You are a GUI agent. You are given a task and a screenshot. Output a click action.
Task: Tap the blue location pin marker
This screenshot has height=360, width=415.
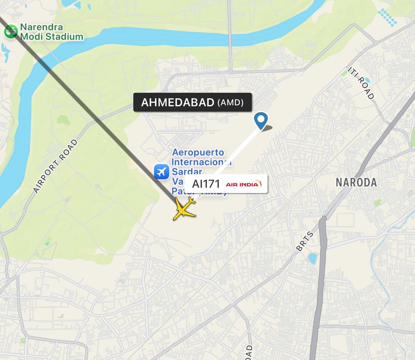[261, 120]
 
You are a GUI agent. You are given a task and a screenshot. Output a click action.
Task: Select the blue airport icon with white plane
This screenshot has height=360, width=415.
[162, 172]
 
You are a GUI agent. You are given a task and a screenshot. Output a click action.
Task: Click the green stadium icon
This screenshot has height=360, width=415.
[11, 31]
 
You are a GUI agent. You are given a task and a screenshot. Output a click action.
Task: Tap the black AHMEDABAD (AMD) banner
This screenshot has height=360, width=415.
[192, 102]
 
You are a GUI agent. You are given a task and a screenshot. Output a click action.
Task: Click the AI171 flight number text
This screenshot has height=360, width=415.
[206, 184]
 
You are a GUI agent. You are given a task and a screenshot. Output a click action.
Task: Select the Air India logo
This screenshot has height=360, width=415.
[244, 184]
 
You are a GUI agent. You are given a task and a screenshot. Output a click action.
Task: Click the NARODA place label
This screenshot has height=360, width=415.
[356, 182]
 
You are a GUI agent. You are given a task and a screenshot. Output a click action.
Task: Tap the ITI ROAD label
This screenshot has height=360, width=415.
[361, 83]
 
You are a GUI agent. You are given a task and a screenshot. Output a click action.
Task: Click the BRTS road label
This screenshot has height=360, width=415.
[305, 241]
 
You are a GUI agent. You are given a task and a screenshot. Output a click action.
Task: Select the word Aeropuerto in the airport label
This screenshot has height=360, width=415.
[198, 152]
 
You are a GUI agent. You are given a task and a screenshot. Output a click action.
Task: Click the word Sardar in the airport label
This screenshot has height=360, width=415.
[187, 172]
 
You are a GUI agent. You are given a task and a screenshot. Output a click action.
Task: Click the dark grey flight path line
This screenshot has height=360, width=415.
[88, 107]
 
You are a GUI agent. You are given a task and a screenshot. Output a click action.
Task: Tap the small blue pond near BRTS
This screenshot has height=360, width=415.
[313, 258]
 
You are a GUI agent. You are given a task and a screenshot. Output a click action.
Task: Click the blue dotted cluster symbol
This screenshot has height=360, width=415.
[387, 17]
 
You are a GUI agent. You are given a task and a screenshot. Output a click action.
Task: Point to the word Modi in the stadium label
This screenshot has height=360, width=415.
[31, 37]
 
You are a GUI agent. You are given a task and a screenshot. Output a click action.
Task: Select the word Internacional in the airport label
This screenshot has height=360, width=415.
[201, 162]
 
